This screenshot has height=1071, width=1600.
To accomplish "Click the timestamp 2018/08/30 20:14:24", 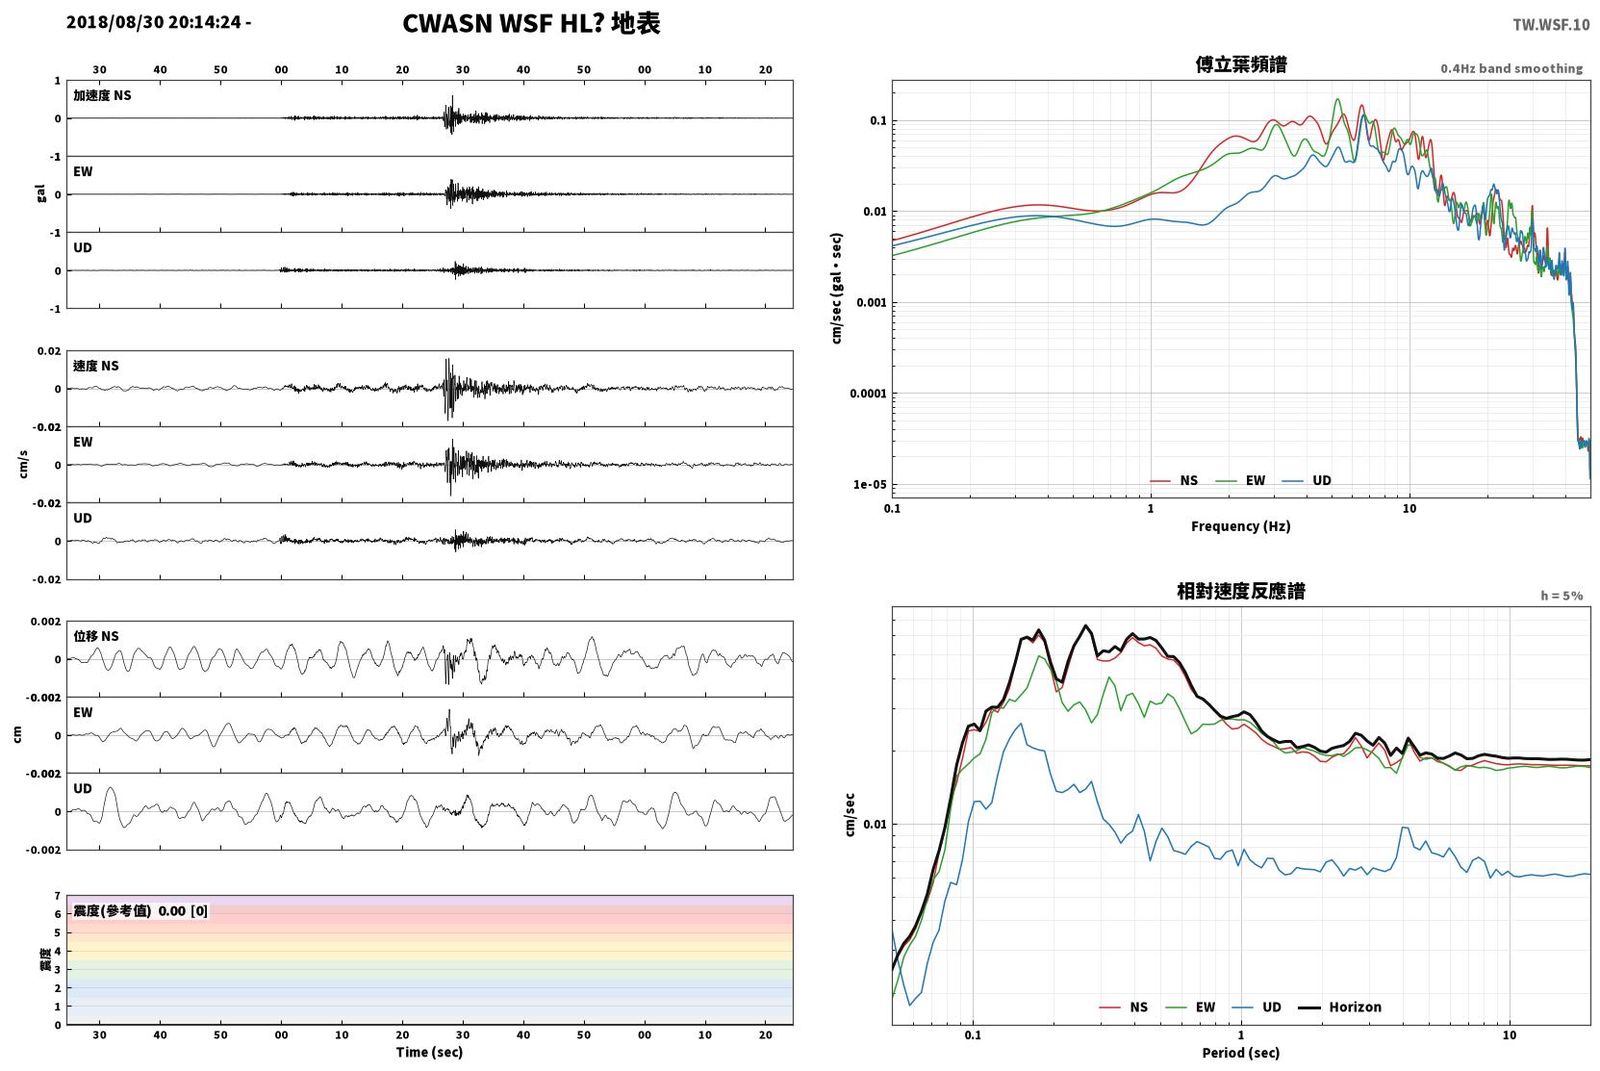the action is point(154,22).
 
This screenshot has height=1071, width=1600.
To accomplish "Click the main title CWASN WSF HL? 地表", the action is point(531,24).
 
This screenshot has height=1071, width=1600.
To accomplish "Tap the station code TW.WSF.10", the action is point(1551,24).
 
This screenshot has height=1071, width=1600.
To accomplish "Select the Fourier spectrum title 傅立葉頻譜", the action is point(1241,64).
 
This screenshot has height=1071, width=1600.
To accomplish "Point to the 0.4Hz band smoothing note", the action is point(1511,68).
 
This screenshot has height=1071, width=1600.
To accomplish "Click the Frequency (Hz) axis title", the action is point(1241,526).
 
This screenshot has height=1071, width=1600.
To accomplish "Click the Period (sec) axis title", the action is point(1241,1053).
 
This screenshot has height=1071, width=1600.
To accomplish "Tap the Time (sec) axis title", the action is point(429,1052).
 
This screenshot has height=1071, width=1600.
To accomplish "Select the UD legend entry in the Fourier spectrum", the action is point(1307,480).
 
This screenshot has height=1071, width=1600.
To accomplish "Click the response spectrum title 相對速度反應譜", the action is point(1241,591).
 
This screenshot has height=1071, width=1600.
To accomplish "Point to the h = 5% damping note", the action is point(1562,595).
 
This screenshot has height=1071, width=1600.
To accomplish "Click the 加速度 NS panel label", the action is point(102,95).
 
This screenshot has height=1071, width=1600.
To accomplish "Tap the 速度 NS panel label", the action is point(95,366).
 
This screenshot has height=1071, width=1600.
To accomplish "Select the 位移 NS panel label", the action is point(95,636).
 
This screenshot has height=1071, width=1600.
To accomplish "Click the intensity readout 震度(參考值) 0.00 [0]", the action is point(140,911).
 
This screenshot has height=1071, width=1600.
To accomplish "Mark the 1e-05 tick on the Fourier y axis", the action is point(870,484).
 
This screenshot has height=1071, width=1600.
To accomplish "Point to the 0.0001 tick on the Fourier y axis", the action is point(868,394).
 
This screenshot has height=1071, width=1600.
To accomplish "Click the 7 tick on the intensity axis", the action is point(58,896).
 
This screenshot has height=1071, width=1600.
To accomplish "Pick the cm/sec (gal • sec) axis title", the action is point(836,289).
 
